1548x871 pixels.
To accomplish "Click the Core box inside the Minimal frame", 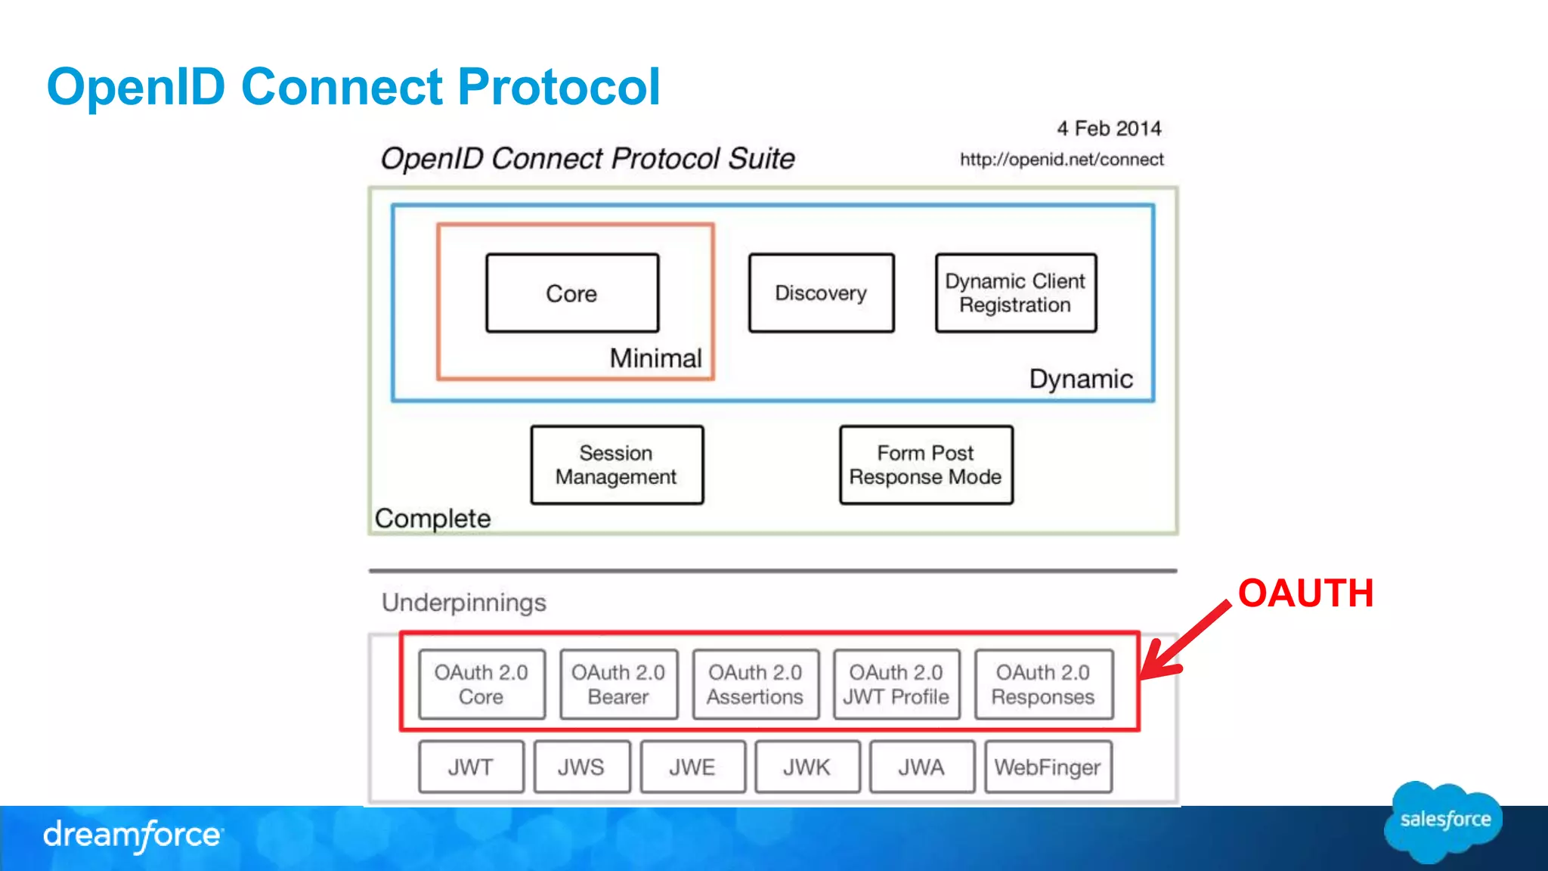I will (x=572, y=293).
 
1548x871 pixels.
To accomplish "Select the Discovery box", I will (x=821, y=293).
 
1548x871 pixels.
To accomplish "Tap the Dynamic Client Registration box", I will (x=1015, y=293).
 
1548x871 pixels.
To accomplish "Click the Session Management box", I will (x=617, y=465).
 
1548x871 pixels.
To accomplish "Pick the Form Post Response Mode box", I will (x=926, y=465).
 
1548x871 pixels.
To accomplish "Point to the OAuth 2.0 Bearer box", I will (x=618, y=684).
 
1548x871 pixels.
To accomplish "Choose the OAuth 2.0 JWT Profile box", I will (x=896, y=684).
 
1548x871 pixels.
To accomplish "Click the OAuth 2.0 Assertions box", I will (x=755, y=684).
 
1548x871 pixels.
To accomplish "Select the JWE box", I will (x=692, y=767).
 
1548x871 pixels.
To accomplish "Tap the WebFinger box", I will (x=1048, y=767).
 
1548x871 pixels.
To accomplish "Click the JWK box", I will (x=807, y=767).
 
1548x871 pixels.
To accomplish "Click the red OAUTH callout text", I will (x=1305, y=594).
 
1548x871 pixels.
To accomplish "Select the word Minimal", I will (x=656, y=358).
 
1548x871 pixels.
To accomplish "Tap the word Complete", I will (x=432, y=519).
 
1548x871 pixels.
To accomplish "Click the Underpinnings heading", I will (x=463, y=603).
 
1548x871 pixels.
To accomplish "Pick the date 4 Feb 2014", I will (x=1109, y=129).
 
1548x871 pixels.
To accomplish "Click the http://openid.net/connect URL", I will (x=1061, y=160).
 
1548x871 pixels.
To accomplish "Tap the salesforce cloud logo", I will (x=1444, y=821).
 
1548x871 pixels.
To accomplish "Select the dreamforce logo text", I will (x=133, y=835).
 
